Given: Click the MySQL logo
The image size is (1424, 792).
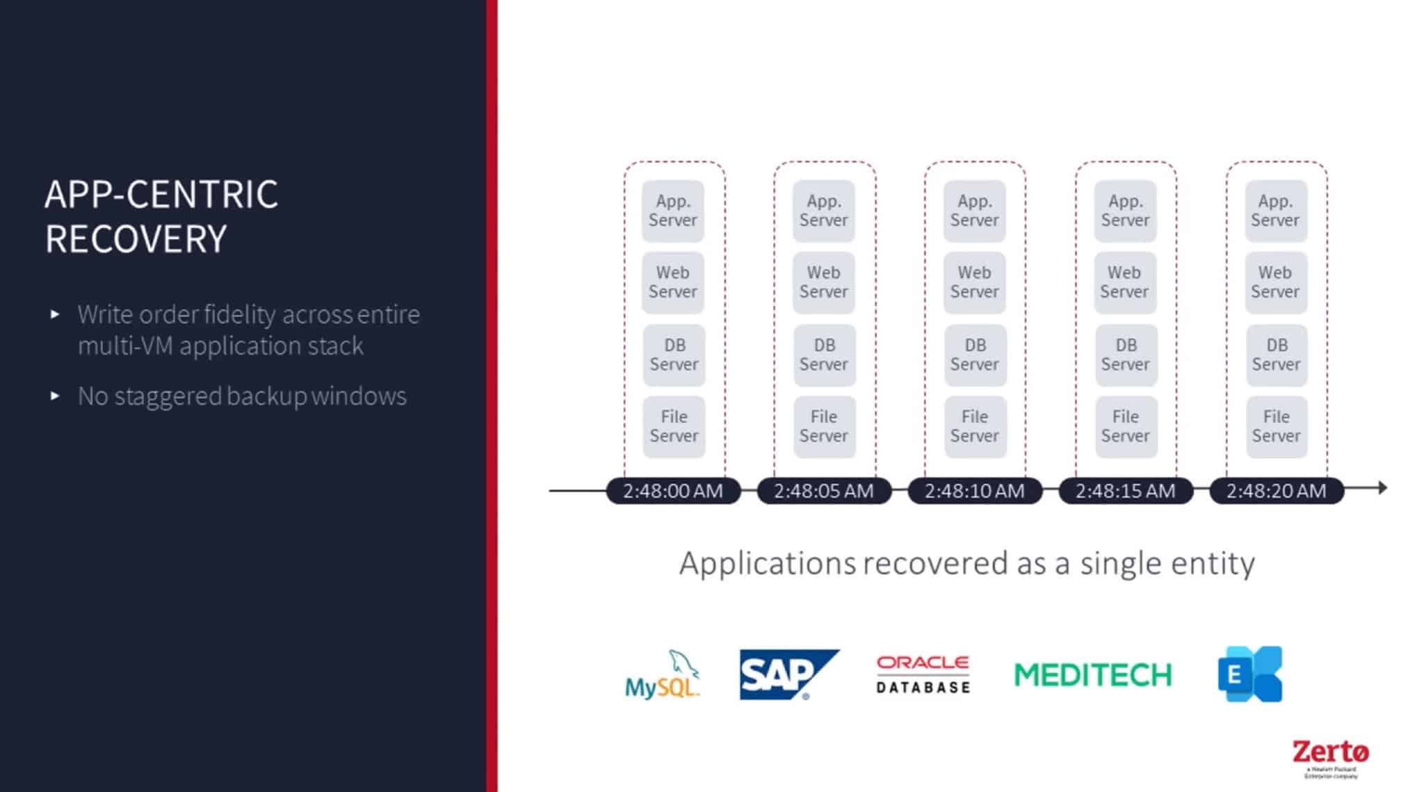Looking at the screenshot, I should pos(662,675).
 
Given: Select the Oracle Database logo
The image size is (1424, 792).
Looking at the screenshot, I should pos(923,674).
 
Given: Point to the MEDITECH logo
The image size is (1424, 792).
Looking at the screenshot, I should pos(1092,675).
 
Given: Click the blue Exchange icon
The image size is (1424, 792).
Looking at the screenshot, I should pos(1249,674).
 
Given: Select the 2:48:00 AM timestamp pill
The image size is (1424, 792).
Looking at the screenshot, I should pos(672,491).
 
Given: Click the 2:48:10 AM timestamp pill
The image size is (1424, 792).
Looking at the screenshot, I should pos(974,491).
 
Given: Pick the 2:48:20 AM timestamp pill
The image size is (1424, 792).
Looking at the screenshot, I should pos(1276,491).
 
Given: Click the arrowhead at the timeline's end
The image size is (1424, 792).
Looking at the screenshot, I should pos(1382,488).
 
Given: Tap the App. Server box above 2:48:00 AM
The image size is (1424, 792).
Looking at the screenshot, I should pos(672,211).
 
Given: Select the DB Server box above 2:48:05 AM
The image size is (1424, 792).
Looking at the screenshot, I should pos(824,355).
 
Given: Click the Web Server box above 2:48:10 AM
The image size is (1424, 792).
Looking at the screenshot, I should pos(974,282).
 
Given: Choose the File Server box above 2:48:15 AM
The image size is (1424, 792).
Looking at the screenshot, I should pos(1125,426).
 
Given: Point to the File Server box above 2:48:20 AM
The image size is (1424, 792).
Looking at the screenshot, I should pos(1276,426).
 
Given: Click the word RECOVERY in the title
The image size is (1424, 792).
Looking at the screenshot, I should pos(136,239).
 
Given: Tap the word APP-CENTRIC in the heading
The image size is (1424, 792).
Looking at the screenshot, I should pos(161,194).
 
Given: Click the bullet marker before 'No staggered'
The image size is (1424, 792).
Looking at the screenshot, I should pos(55,396).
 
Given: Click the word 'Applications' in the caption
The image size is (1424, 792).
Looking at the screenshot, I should pos(767,563).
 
